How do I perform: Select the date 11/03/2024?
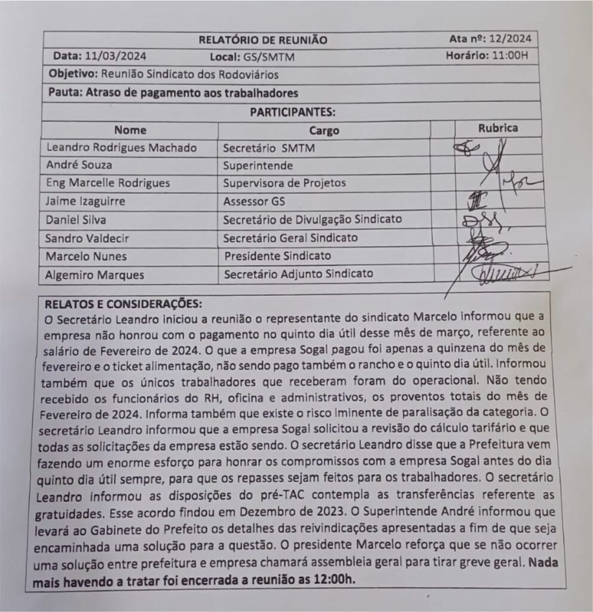pyautogui.click(x=116, y=57)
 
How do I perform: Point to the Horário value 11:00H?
pyautogui.click(x=508, y=56)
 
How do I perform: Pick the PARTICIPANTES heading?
pyautogui.click(x=292, y=112)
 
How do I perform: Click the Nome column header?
pyautogui.click(x=130, y=130)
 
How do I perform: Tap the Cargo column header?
pyautogui.click(x=324, y=130)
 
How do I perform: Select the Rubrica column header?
pyautogui.click(x=498, y=128)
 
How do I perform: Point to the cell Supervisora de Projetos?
pyautogui.click(x=285, y=183)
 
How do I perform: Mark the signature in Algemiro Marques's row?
pyautogui.click(x=502, y=274)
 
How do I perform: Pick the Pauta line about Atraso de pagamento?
pyautogui.click(x=173, y=93)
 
